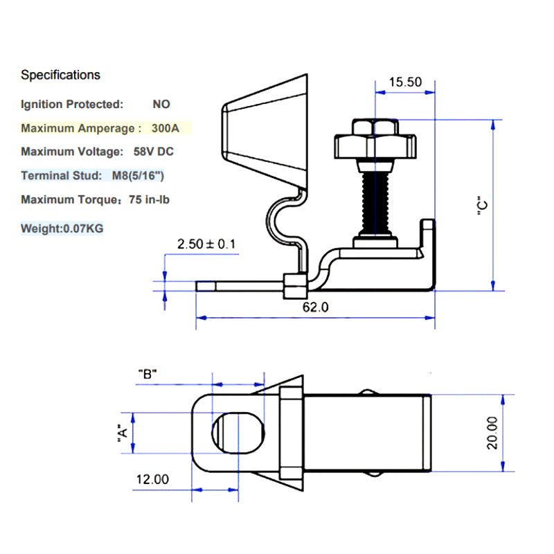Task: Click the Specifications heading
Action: coord(60,75)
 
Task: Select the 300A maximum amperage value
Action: coord(165,128)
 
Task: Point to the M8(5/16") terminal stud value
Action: coord(138,175)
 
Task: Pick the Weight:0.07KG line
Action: coord(62,228)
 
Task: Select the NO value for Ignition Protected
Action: coord(161,105)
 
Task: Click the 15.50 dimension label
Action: coord(405,82)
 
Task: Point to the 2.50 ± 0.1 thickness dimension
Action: coord(207,244)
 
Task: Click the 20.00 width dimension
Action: coord(492,433)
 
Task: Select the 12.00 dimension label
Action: coord(152,479)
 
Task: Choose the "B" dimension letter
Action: coord(148,374)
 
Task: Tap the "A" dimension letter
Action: coord(122,434)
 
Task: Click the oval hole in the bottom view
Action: coord(237,433)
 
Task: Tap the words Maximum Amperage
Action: coord(77,128)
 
